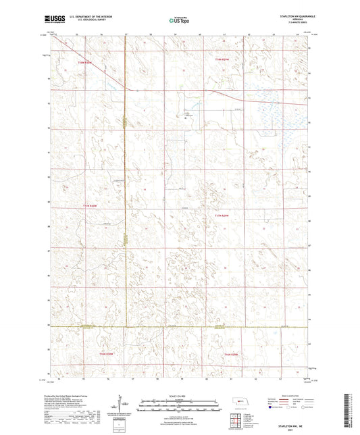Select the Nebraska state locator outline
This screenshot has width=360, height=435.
(240, 402)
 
